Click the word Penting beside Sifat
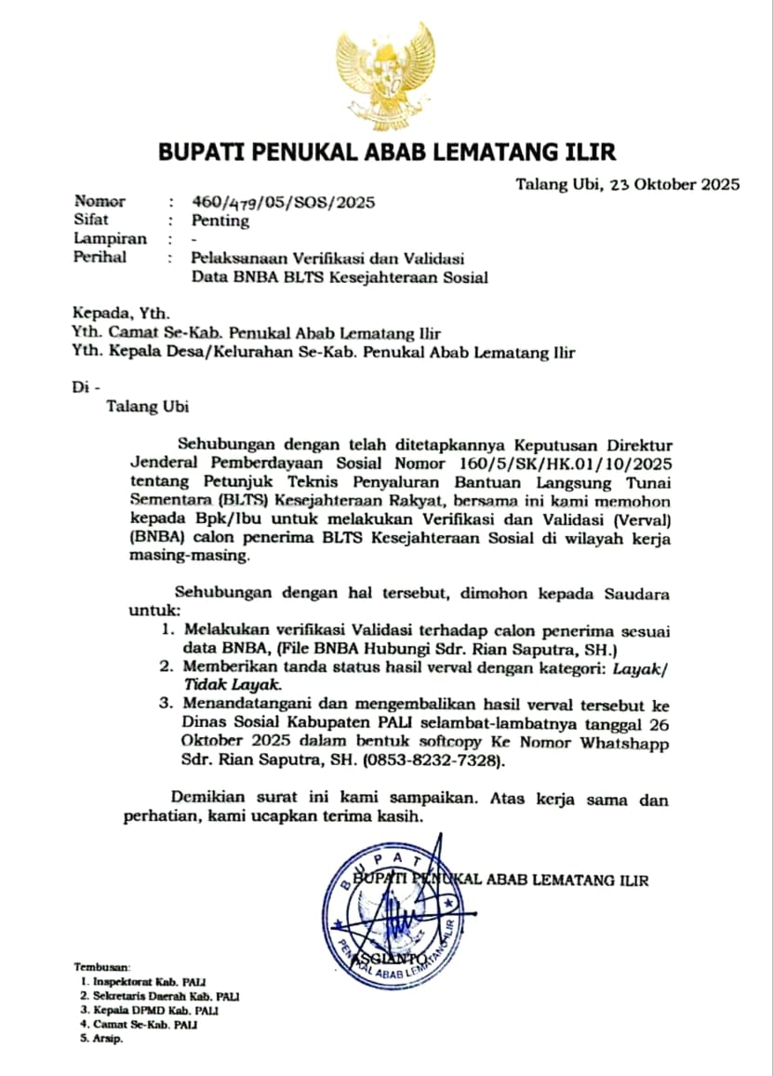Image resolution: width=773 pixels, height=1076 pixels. pos(220,221)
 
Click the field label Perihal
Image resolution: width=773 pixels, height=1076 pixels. pos(100,258)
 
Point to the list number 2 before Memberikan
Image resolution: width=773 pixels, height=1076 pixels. pos(167,667)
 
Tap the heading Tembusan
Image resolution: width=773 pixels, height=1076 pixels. pos(102,967)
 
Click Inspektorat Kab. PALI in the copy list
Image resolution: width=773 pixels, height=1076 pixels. pos(149,982)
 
